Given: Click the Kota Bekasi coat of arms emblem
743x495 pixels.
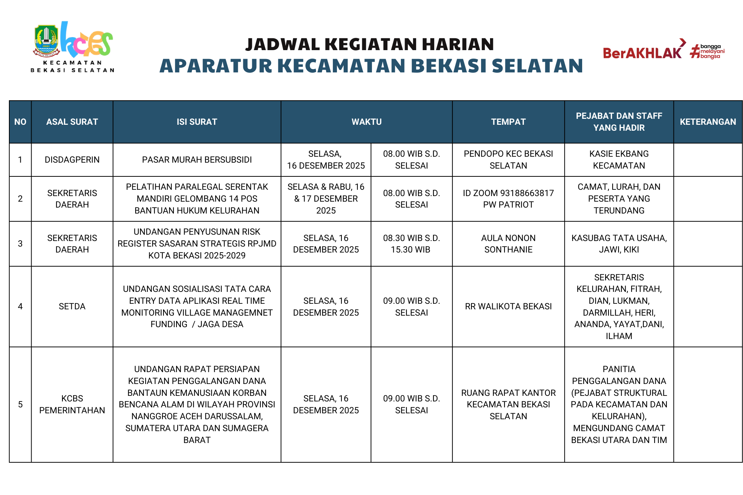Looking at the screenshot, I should click(x=46, y=41).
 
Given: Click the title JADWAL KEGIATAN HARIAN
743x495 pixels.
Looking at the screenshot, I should click(x=370, y=45).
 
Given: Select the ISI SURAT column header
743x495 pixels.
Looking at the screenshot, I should click(x=197, y=122).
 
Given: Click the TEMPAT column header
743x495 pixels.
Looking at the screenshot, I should click(x=508, y=122).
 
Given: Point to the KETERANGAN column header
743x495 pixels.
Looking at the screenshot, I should click(x=708, y=122).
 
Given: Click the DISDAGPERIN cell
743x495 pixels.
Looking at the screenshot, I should click(x=72, y=160).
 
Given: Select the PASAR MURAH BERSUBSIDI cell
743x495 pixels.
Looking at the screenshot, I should click(x=197, y=160).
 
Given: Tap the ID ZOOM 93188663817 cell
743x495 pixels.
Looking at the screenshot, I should click(x=508, y=199).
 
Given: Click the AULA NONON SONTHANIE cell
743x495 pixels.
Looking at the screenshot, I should click(x=508, y=244).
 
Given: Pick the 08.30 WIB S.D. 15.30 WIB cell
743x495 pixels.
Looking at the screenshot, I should click(x=411, y=244).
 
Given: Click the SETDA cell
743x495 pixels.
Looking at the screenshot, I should click(x=72, y=306).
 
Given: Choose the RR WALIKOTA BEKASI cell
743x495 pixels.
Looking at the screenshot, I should click(x=508, y=306).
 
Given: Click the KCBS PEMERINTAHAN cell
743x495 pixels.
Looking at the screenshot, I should click(x=72, y=404).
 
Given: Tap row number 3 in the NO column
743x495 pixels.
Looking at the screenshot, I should click(x=20, y=244).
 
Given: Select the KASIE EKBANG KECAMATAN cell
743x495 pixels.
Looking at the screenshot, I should click(x=619, y=160).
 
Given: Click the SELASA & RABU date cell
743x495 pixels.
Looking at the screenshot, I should click(x=326, y=199).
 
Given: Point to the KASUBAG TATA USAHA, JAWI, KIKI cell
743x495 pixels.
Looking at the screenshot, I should click(x=619, y=244).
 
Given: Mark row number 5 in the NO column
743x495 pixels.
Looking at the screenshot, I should click(x=20, y=404).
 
